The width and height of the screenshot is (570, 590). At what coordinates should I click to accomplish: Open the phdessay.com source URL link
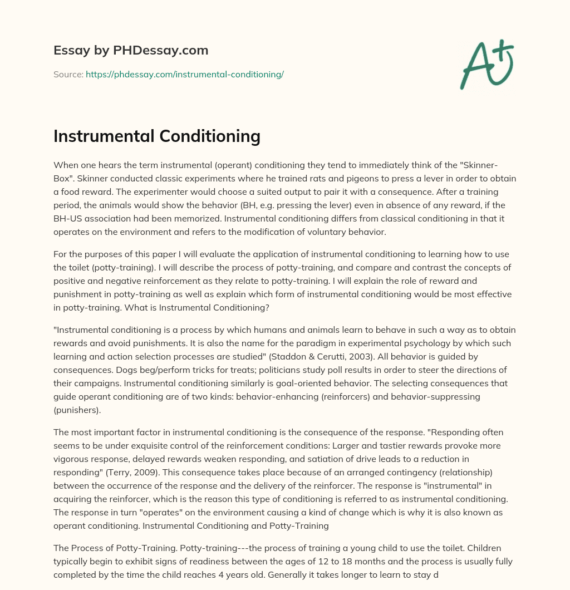pyautogui.click(x=185, y=74)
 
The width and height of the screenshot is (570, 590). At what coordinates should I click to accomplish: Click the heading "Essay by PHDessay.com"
pyautogui.click(x=131, y=51)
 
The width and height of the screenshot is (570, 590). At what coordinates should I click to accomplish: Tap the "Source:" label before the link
pyautogui.click(x=68, y=74)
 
